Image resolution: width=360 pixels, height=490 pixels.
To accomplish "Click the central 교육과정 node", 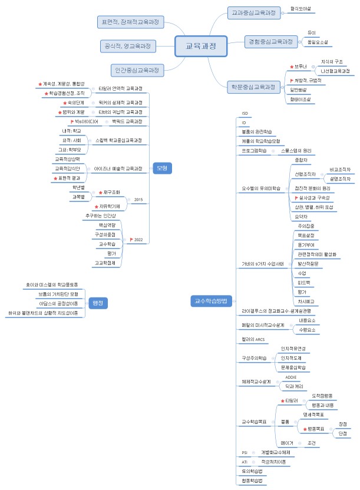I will click(201, 46).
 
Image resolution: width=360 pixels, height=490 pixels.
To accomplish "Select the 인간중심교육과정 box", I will click(137, 70).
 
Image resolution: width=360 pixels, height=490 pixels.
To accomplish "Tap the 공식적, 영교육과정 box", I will click(127, 46).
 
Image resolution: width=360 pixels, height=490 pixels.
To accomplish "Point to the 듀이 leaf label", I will click(312, 32).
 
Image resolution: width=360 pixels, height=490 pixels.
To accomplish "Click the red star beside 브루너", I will click(292, 67).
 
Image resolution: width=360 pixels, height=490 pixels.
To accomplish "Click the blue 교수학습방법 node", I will click(212, 301).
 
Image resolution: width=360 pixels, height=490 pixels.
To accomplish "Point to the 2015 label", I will click(138, 200).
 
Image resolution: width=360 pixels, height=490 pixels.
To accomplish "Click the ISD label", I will click(245, 113).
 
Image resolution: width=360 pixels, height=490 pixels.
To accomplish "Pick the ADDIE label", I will click(291, 377).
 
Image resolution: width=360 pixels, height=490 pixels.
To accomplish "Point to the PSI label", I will click(245, 452).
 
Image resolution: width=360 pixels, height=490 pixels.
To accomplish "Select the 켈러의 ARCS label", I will click(254, 340).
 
